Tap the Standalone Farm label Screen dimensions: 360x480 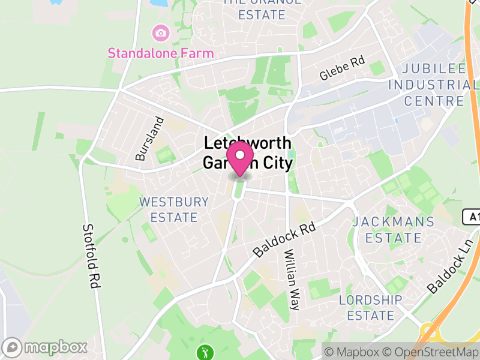tap(160, 53)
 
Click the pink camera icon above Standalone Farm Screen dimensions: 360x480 tap(160, 32)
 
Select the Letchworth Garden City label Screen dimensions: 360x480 tap(247, 154)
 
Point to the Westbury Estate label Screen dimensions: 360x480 tap(174, 209)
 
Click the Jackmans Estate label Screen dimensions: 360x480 tap(394, 230)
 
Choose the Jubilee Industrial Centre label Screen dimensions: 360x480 tap(434, 85)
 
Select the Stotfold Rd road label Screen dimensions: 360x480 tap(90, 257)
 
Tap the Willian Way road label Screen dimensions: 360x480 tap(291, 280)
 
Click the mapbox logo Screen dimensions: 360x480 tap(47, 347)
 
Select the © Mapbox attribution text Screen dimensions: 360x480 tap(354, 351)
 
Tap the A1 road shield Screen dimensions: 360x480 tap(472, 216)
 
